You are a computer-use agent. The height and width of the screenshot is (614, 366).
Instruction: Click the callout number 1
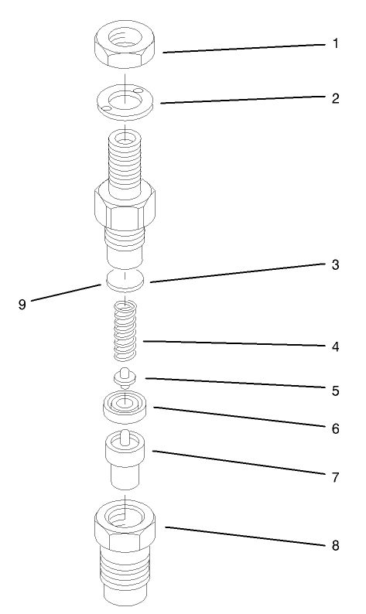335,44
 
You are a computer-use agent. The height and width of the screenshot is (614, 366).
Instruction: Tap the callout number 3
335,264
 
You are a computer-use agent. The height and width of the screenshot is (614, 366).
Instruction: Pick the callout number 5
335,391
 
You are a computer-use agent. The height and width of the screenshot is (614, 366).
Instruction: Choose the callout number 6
335,428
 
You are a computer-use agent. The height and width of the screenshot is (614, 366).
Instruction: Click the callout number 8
335,544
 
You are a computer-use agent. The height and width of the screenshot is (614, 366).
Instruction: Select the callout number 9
22,304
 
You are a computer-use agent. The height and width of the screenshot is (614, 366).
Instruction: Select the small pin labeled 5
122,379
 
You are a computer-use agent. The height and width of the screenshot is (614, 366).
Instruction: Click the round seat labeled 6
124,407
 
